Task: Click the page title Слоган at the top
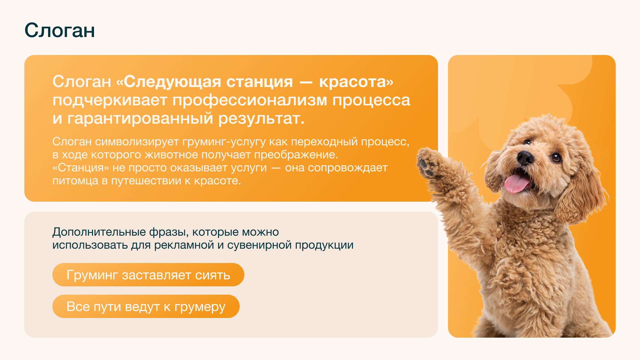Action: (x=60, y=31)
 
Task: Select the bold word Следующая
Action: (x=175, y=82)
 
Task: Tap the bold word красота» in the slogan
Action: (x=356, y=82)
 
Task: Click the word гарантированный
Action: (x=140, y=119)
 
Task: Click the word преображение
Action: (x=296, y=155)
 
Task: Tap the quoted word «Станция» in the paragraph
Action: (x=81, y=168)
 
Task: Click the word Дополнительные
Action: (x=99, y=232)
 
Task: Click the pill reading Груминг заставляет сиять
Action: (x=148, y=275)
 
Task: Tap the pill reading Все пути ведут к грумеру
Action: (x=146, y=306)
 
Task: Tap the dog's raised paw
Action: (x=428, y=162)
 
